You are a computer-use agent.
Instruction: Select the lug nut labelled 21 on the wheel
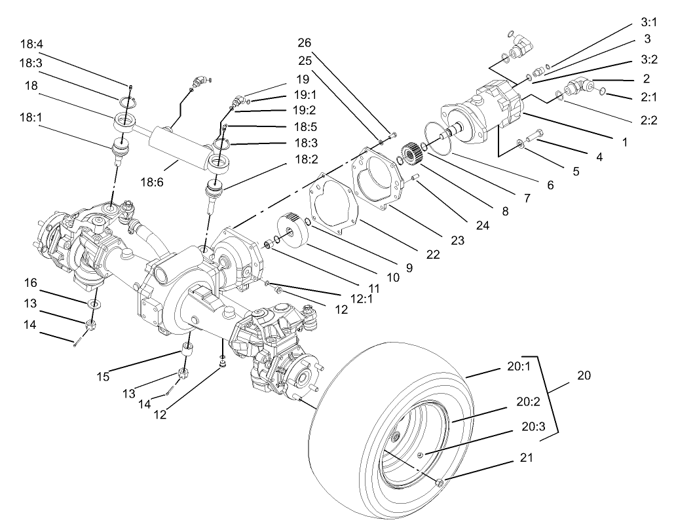click(x=440, y=483)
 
